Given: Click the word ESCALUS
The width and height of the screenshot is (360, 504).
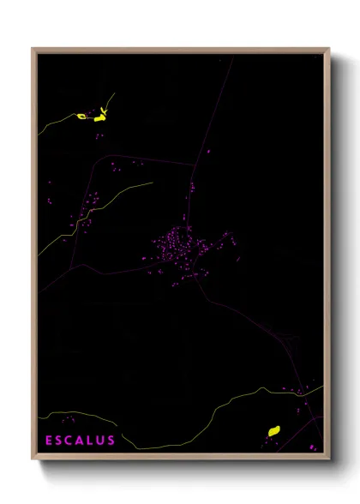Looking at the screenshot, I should pos(81,441).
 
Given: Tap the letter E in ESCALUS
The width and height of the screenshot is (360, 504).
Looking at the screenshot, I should pos(50,441).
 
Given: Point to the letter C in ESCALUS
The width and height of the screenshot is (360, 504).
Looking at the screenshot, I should pos(69,441).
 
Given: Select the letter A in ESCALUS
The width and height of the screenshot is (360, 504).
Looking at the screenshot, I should pos(80,441).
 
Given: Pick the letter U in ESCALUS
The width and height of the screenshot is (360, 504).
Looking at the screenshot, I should pos(100,441).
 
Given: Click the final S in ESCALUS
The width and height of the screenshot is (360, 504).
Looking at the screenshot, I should pos(111,441).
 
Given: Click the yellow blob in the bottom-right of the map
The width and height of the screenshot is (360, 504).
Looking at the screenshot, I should pos(274,431).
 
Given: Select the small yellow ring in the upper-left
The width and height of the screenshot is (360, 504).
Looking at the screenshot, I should pos(82,116).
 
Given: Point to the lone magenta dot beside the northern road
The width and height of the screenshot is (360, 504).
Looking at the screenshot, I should pos(207,153).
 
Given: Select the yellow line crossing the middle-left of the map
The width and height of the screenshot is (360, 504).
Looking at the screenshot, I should pos(94,210).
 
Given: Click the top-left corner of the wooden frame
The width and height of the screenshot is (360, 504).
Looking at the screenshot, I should pos(33,49).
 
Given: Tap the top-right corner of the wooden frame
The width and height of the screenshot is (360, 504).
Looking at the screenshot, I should pos(328,49).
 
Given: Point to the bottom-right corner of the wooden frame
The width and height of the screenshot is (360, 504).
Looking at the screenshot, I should pos(328,459).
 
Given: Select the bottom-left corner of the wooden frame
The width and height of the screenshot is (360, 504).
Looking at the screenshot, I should pos(33,459).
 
